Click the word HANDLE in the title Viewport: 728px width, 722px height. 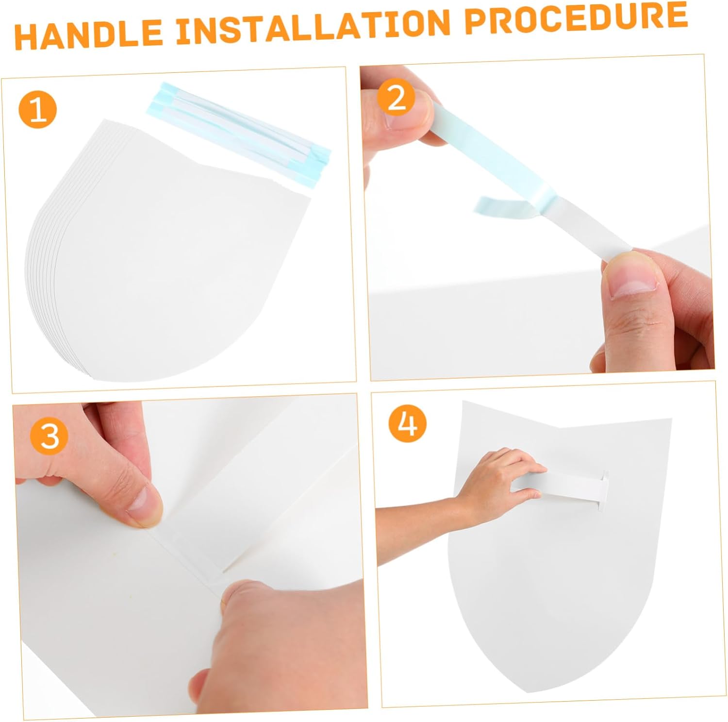pos(88,34)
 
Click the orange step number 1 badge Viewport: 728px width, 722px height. pos(38,110)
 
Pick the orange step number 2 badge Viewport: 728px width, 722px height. pos(396,98)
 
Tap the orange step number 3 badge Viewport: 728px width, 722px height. pos(49,436)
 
